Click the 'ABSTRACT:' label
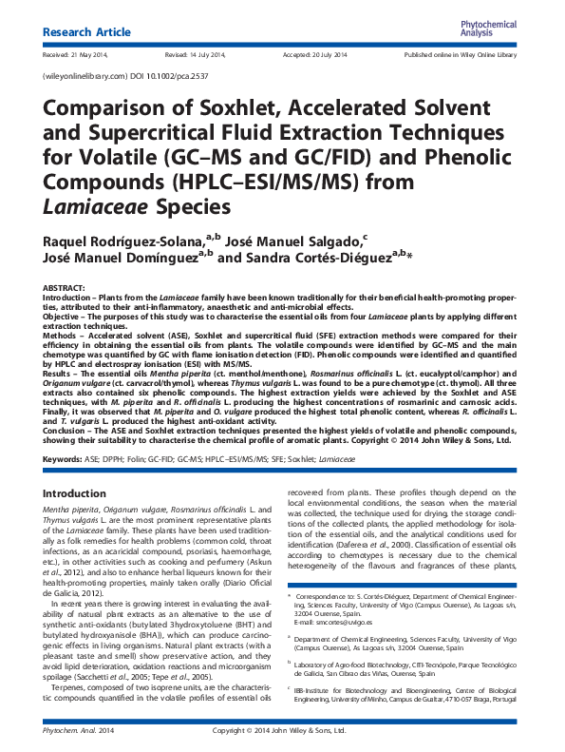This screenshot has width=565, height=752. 67,286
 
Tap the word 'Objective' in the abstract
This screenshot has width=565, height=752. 63,313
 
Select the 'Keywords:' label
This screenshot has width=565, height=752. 64,458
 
